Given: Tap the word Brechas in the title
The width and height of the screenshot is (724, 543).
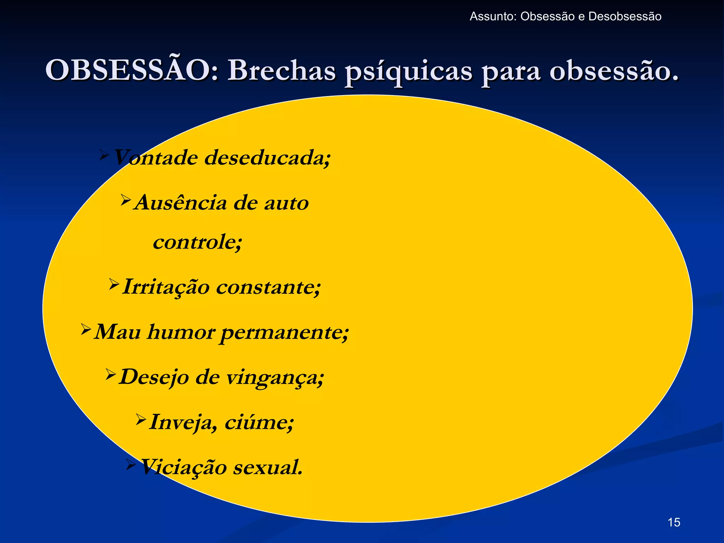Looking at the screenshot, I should click(x=281, y=70).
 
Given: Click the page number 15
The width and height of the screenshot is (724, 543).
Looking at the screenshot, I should click(x=674, y=522).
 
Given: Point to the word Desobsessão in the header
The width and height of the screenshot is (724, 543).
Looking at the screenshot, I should click(x=625, y=17).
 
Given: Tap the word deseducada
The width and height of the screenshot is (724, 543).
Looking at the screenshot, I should click(x=268, y=157).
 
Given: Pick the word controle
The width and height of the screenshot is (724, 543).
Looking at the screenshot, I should click(x=197, y=242).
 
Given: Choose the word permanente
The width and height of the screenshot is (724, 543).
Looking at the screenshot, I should click(x=284, y=332).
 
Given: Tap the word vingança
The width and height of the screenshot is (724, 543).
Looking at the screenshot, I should click(x=275, y=378).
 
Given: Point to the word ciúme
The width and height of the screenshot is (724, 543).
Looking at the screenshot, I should click(x=259, y=422).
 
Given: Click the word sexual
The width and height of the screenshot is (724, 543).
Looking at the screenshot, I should click(x=268, y=467).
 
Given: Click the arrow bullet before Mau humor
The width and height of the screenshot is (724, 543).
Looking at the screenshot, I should click(x=86, y=329).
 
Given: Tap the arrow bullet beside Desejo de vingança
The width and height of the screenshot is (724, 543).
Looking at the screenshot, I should click(x=111, y=374).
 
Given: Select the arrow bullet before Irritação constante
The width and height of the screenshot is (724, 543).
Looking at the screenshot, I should click(x=114, y=284).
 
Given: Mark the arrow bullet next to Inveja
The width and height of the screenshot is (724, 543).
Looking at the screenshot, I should click(x=141, y=419).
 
